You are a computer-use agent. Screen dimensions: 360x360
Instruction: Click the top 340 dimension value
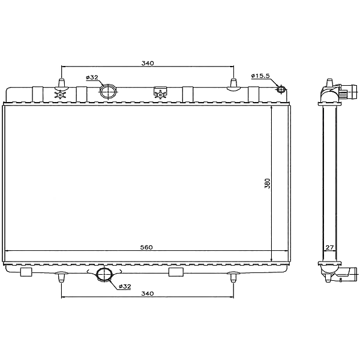click(x=148, y=63)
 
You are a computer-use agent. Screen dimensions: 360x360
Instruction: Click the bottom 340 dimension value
click(x=148, y=293)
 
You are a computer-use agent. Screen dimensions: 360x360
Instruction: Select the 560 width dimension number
click(x=146, y=247)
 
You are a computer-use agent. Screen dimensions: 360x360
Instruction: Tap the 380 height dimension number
click(x=268, y=183)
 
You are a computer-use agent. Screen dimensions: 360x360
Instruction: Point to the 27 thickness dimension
click(x=329, y=247)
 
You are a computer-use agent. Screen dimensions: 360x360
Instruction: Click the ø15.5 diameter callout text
click(x=260, y=76)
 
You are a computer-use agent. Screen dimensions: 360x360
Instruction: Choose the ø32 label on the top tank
click(x=92, y=77)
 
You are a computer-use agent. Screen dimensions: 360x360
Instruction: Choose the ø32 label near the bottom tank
click(x=125, y=286)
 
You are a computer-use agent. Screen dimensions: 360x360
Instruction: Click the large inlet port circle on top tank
click(x=108, y=91)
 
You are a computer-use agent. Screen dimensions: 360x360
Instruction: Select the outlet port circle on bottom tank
click(x=104, y=274)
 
